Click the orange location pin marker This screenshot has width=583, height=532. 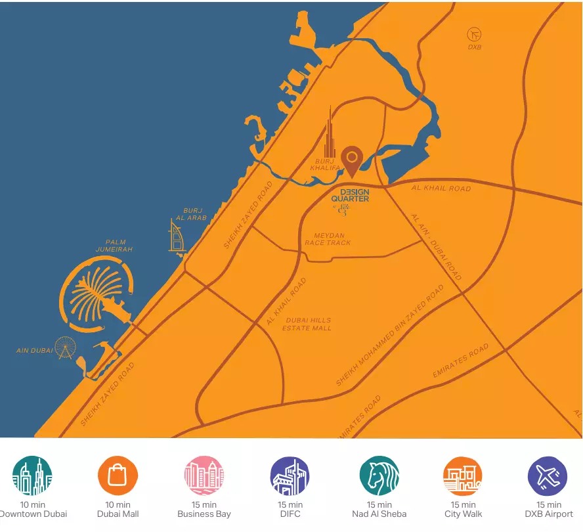(x=353, y=160)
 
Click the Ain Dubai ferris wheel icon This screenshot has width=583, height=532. (x=64, y=347)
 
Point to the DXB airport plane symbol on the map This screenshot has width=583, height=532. (x=474, y=33)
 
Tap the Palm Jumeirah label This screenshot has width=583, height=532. (x=114, y=246)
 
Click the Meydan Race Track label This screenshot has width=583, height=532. (x=328, y=239)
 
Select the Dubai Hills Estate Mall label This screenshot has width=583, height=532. (x=307, y=324)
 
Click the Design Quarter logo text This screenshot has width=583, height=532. (x=350, y=195)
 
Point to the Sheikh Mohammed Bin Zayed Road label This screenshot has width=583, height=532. (x=390, y=335)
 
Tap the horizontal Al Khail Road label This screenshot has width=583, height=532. (x=441, y=188)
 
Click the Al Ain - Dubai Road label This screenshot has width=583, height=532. (x=436, y=246)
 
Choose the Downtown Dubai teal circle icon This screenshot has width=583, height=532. (x=32, y=476)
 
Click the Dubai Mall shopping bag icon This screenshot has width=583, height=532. (x=118, y=476)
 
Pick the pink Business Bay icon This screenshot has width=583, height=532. (x=204, y=476)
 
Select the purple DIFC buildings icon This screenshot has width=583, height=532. (x=290, y=476)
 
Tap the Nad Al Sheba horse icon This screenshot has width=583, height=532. (x=379, y=476)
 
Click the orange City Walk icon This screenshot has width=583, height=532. (x=463, y=476)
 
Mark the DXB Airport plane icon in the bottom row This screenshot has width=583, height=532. (x=548, y=476)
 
